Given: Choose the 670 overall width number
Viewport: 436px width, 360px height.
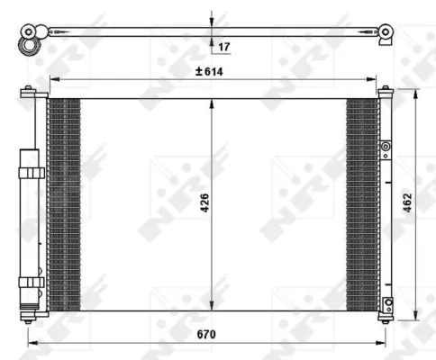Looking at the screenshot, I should click(x=208, y=334).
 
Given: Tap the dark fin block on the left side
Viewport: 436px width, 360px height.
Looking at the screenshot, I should click(x=63, y=202).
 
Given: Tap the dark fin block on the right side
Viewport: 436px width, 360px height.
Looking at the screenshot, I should click(x=362, y=202).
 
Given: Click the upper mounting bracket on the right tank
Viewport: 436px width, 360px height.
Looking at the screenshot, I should click(x=386, y=147).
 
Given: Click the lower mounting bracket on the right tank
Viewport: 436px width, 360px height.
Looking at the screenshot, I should click(x=386, y=303).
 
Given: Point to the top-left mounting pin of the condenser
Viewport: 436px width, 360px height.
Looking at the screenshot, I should click(x=29, y=90).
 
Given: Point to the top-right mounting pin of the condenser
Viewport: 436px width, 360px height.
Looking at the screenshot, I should click(x=386, y=90).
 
